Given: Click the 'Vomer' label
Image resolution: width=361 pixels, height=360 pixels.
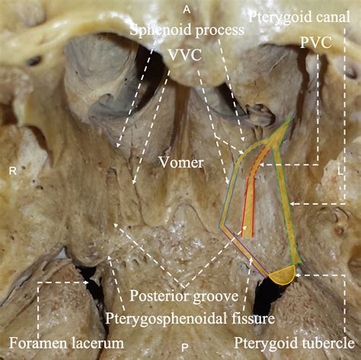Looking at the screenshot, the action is pos(181,163).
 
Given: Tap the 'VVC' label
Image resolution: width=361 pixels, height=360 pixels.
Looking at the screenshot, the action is pos(185,55).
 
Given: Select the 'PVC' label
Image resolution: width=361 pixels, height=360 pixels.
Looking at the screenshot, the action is pos(316,43).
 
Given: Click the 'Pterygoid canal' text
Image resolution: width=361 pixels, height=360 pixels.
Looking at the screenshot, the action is pos(299,18).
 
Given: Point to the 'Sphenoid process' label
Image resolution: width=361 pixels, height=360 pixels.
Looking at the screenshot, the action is pos(187,30).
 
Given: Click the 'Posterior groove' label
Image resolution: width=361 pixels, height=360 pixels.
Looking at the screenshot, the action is pos(184,295).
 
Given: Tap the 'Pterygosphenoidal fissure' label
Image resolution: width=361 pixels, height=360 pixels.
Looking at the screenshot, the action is pos(190,318).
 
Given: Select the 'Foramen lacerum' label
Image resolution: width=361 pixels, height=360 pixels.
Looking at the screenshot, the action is pos(66,342).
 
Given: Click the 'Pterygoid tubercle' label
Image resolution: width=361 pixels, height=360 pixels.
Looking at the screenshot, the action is pos(294,343).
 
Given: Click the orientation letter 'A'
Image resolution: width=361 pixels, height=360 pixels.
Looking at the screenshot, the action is pos(187,10).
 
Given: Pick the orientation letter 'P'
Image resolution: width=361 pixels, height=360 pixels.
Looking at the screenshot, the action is pos(185,348).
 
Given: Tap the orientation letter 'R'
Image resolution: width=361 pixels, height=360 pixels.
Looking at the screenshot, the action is pos(13,171).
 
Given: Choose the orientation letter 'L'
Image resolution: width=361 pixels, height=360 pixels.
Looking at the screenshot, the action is pos(340,172).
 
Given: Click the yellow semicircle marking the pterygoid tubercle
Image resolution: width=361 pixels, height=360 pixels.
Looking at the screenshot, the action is pos(283,276).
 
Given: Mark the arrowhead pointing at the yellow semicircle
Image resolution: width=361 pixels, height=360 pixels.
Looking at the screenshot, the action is pos(299,275).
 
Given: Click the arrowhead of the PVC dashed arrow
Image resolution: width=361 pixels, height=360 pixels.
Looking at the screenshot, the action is pos(262,164).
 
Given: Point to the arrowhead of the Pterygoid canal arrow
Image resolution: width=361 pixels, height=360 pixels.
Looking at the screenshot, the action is pos(292,204).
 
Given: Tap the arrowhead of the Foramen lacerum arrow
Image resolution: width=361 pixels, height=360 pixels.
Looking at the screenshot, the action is pos(86,282).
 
